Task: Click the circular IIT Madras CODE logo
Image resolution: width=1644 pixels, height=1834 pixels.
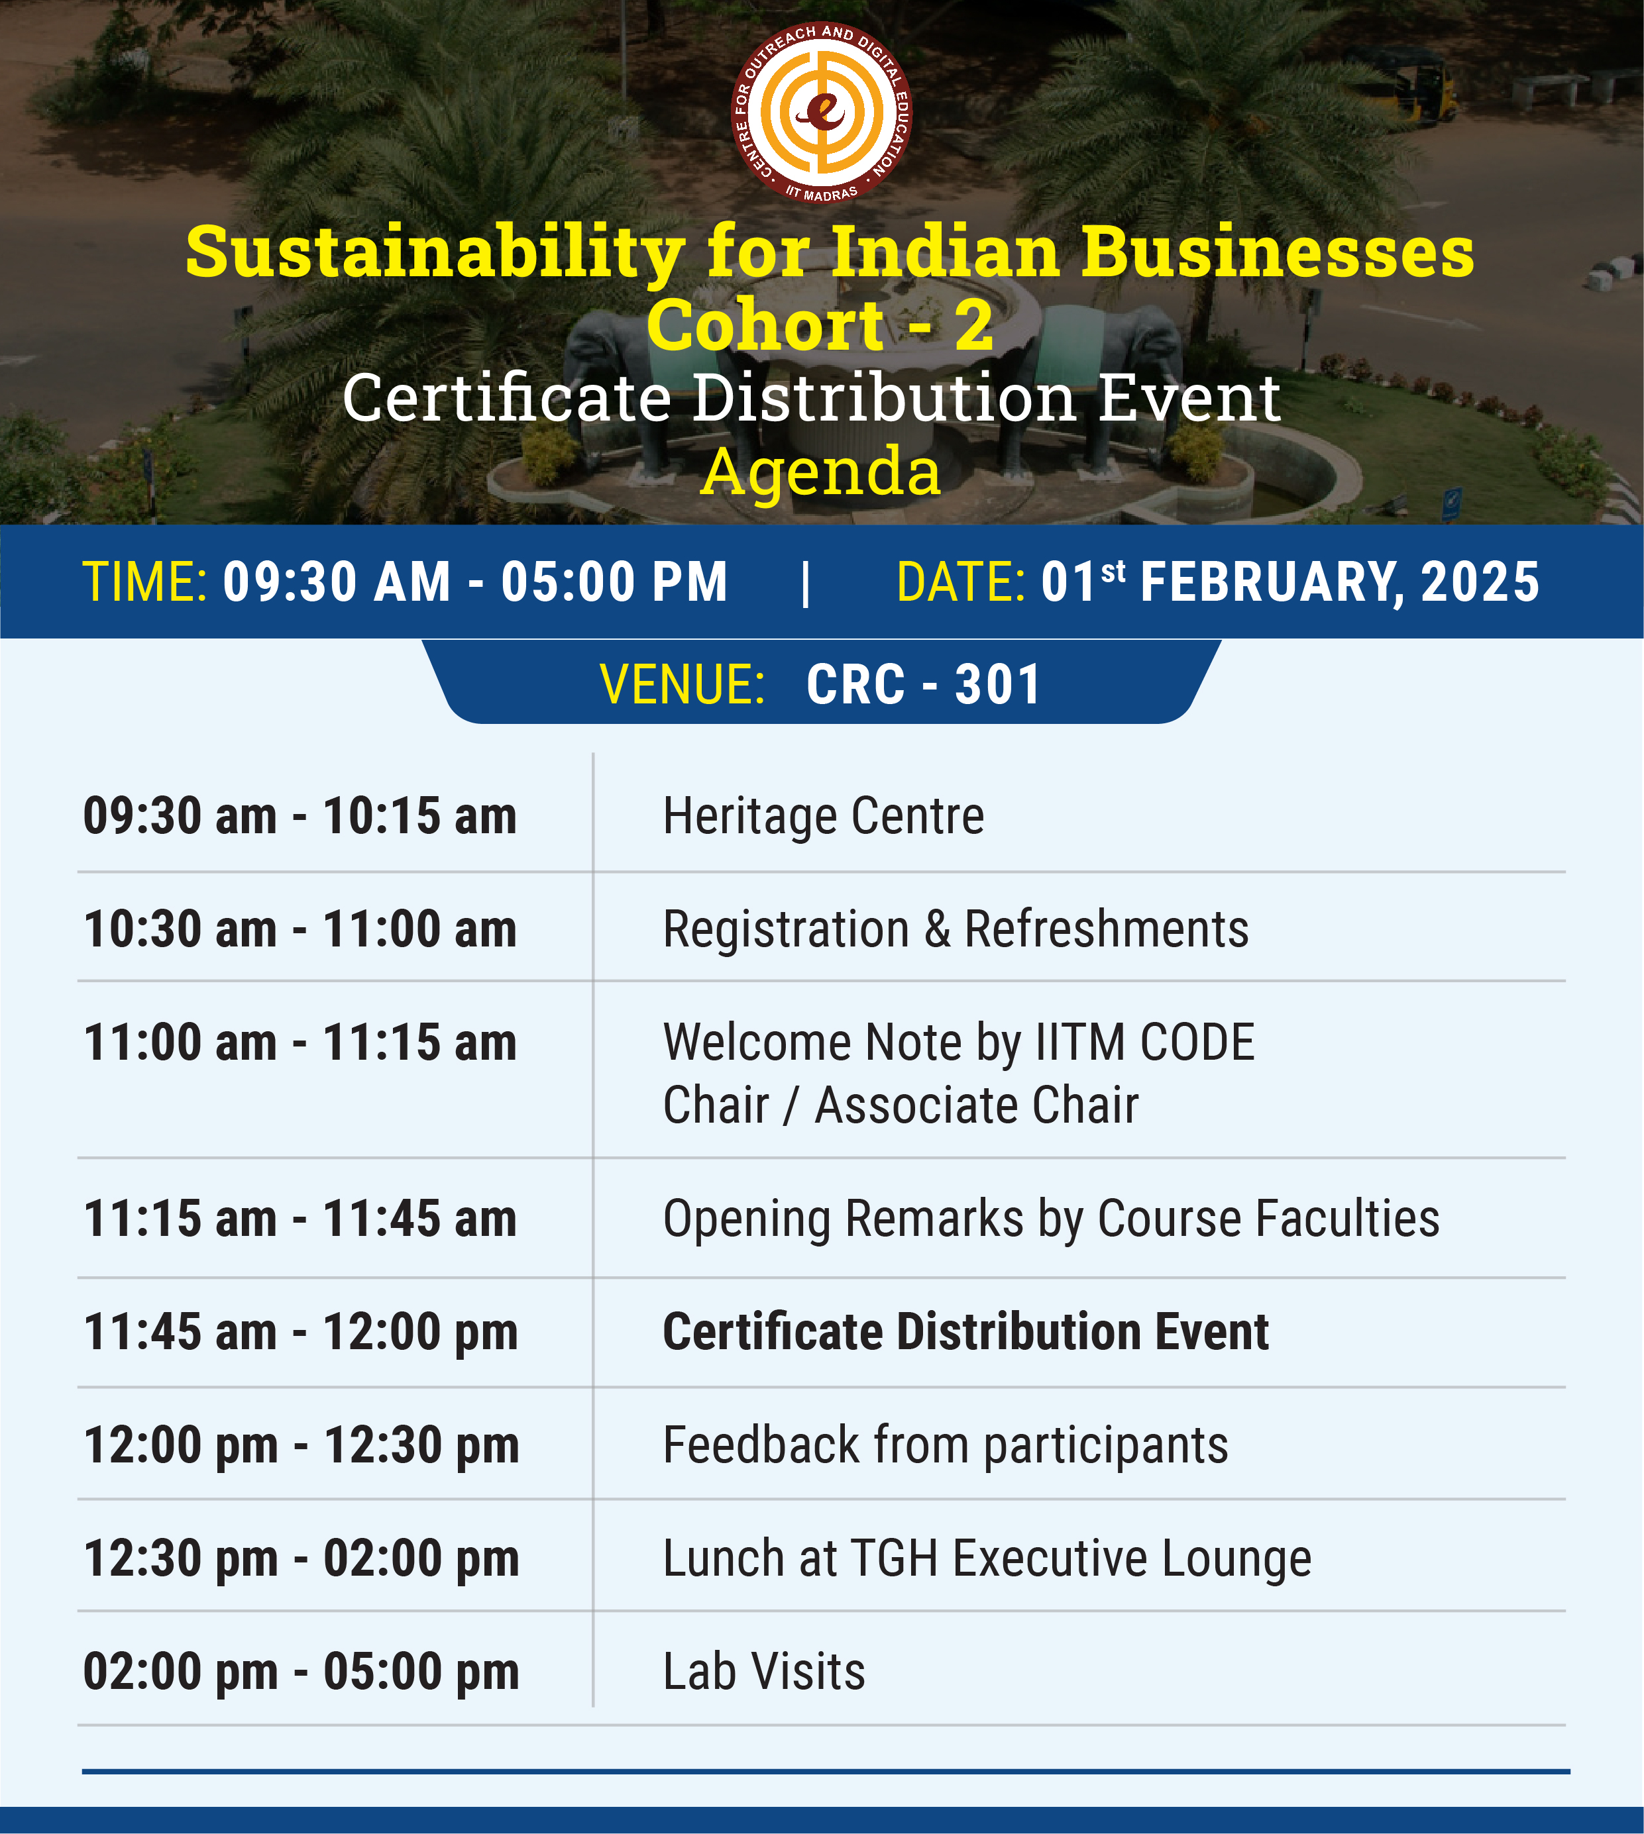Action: pyautogui.click(x=821, y=112)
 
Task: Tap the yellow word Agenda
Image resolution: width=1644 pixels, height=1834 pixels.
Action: pyautogui.click(x=820, y=472)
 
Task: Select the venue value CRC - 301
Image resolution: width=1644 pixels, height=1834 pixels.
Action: pyautogui.click(x=923, y=684)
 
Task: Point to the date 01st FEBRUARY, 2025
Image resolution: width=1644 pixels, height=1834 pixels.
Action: pyautogui.click(x=1290, y=582)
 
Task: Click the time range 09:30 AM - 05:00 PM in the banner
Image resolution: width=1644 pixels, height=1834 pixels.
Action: pyautogui.click(x=475, y=582)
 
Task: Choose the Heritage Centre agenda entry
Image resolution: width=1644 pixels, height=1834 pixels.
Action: pyautogui.click(x=823, y=816)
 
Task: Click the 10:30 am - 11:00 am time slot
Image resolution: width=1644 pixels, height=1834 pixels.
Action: pyautogui.click(x=300, y=929)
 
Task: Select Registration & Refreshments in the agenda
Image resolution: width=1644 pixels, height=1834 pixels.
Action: pyautogui.click(x=956, y=929)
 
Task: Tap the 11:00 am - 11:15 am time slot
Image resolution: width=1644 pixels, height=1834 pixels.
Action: pyautogui.click(x=300, y=1043)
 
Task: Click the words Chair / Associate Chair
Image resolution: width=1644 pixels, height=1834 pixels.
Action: pyautogui.click(x=901, y=1105)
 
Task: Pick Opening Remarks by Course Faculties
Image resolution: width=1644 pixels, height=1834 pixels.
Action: pyautogui.click(x=1052, y=1220)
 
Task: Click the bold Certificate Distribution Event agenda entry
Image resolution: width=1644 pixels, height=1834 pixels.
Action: pyautogui.click(x=965, y=1332)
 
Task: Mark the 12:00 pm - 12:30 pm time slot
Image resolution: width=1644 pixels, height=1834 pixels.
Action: pyautogui.click(x=301, y=1447)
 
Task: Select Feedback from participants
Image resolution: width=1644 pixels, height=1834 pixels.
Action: pyautogui.click(x=946, y=1447)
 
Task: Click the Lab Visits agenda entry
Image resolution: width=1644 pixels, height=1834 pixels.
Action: pyautogui.click(x=764, y=1672)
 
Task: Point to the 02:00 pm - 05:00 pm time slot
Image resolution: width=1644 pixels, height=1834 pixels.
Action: pyautogui.click(x=301, y=1672)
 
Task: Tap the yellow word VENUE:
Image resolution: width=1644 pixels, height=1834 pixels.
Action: pyautogui.click(x=683, y=684)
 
